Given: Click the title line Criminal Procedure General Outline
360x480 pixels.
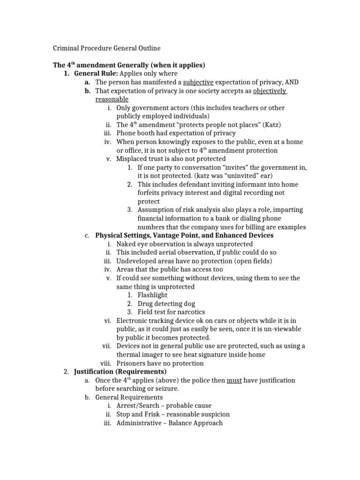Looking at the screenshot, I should (106, 48).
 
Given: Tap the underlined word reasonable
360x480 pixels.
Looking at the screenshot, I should (112, 99).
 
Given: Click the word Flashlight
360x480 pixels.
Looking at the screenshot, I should (152, 295).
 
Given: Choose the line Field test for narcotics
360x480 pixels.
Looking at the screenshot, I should (171, 312).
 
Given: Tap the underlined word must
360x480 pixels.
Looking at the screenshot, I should (234, 380).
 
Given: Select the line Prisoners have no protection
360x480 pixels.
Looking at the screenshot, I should (160, 363).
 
